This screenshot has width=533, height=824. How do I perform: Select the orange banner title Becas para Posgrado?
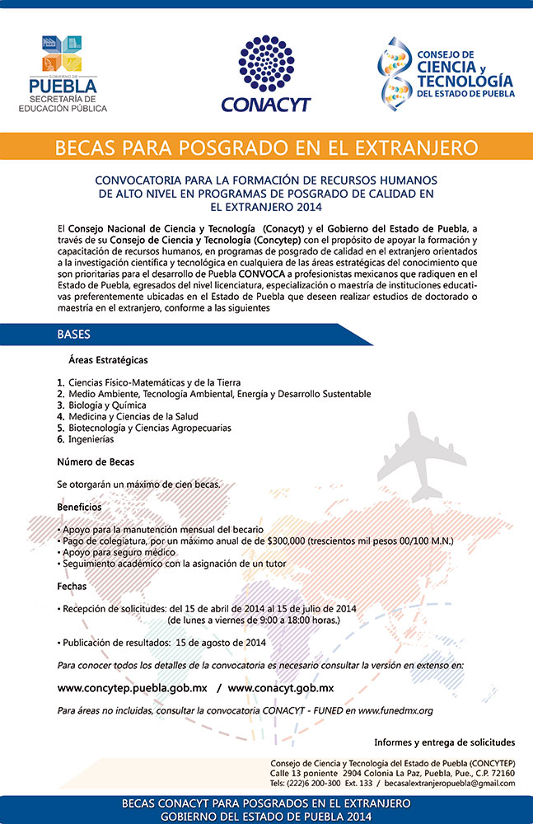[265, 148]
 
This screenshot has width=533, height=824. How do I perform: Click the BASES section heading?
[74, 335]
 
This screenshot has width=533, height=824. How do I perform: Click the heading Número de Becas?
[96, 461]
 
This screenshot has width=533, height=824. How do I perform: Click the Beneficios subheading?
[80, 507]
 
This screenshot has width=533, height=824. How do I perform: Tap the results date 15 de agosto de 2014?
[220, 642]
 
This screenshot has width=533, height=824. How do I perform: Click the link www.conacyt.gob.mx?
[281, 687]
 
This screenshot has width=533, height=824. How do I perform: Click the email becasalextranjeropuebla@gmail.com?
[447, 783]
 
